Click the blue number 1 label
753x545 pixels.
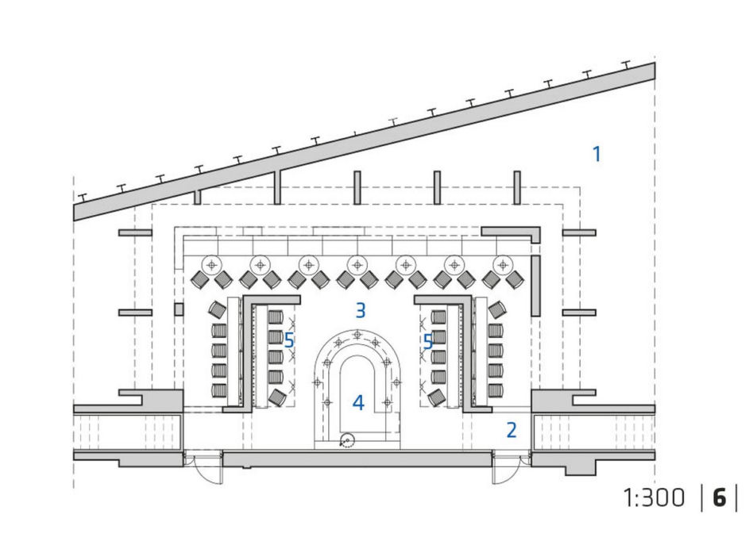597,154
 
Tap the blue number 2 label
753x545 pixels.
512,430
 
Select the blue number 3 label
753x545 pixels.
361,310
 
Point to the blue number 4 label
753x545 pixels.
358,402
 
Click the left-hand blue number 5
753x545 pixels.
288,340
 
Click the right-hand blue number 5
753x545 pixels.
427,342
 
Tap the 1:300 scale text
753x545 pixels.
654,497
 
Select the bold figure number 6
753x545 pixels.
719,497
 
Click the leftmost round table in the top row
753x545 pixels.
211,264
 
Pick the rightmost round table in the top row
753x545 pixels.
503,264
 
